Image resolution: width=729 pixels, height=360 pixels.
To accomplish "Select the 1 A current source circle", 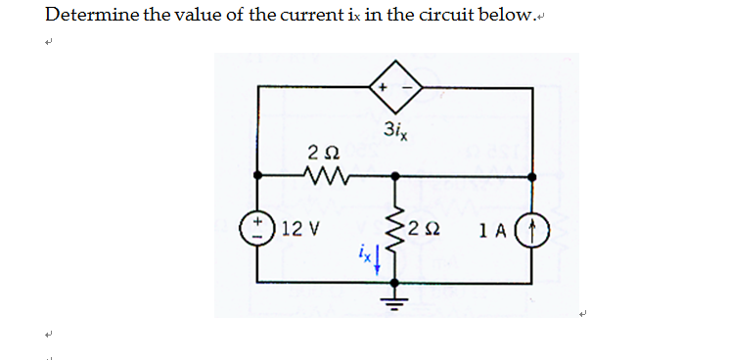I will [532, 231].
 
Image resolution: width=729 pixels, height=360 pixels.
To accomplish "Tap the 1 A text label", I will [494, 231].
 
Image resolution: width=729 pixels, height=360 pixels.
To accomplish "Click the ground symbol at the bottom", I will [396, 293].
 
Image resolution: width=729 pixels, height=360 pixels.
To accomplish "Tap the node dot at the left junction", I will [257, 177].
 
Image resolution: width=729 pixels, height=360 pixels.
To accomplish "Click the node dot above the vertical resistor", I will [395, 177].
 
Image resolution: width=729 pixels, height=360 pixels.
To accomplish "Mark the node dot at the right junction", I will [532, 177].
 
